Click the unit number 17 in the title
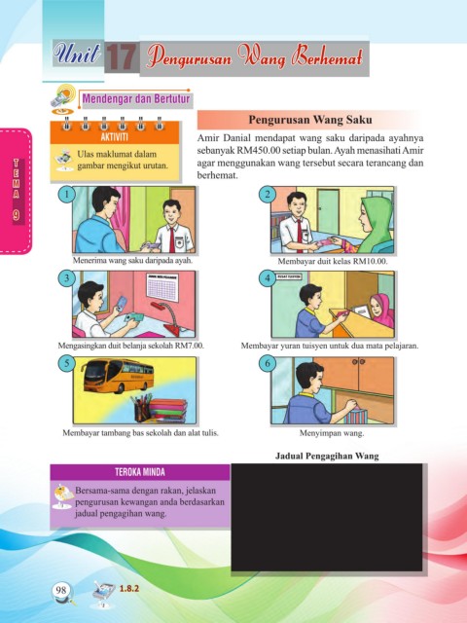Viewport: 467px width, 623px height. [122, 57]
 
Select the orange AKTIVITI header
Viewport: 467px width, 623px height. [115, 137]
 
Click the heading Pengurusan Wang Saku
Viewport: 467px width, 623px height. [310, 120]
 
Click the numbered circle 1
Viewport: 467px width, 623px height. [67, 195]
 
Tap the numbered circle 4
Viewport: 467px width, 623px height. [268, 278]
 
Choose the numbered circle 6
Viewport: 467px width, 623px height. [268, 363]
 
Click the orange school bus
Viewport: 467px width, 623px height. [118, 376]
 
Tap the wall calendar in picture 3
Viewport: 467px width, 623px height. [162, 287]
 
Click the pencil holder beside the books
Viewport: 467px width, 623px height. [142, 408]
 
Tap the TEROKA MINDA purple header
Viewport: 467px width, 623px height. [140, 472]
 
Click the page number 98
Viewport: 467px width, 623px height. [61, 590]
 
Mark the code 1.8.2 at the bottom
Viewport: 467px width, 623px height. [129, 588]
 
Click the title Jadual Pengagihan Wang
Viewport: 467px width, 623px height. [327, 456]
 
